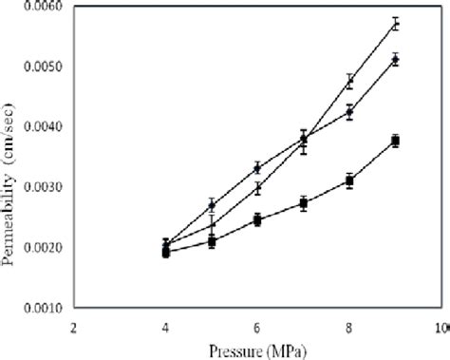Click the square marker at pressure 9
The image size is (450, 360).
point(396,141)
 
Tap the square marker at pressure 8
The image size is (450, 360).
point(349,180)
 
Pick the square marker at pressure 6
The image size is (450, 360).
point(257,219)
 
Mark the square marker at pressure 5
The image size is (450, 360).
point(212,241)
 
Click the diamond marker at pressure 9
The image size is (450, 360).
point(396,59)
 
